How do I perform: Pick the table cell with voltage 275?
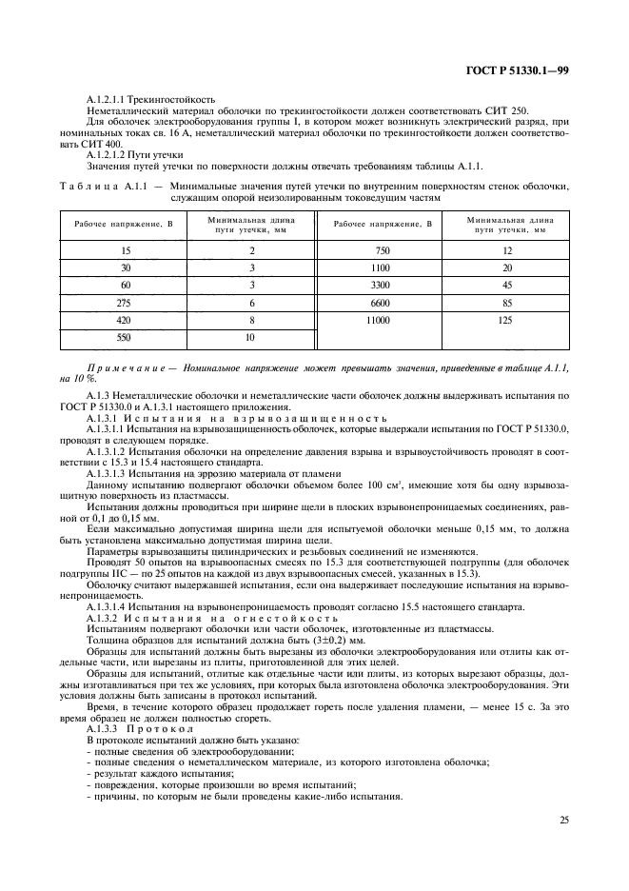click(x=126, y=302)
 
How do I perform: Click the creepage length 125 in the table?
click(x=506, y=322)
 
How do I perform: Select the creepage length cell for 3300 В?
click(x=506, y=284)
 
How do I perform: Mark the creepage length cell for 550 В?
click(x=252, y=338)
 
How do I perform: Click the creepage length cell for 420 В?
click(x=252, y=321)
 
